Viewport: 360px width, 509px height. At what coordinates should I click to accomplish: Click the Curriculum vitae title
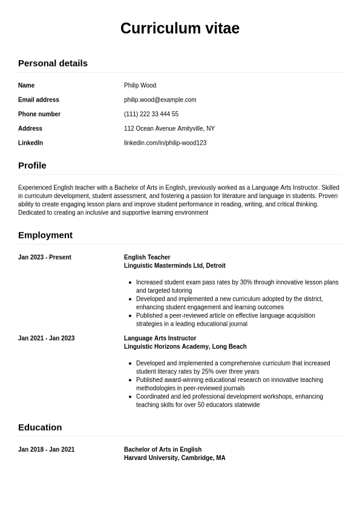pyautogui.click(x=180, y=28)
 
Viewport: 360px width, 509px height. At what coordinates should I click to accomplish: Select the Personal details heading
pyautogui.click(x=53, y=63)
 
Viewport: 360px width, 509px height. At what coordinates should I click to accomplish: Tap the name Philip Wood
pyautogui.click(x=140, y=85)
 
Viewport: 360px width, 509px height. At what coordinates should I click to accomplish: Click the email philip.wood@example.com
pyautogui.click(x=160, y=100)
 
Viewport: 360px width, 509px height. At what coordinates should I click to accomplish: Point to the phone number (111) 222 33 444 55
pyautogui.click(x=151, y=114)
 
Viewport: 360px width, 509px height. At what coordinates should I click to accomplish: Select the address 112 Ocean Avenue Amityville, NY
pyautogui.click(x=169, y=128)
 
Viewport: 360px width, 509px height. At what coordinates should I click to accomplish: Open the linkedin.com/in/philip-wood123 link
pyautogui.click(x=165, y=143)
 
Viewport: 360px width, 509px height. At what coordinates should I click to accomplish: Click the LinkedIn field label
pyautogui.click(x=30, y=143)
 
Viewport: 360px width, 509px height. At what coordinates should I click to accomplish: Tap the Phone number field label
pyautogui.click(x=39, y=114)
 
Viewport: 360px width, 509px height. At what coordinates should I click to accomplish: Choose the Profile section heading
pyautogui.click(x=32, y=165)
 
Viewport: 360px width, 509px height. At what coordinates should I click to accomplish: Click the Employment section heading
pyautogui.click(x=45, y=235)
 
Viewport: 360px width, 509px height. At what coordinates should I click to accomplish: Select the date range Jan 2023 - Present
pyautogui.click(x=45, y=257)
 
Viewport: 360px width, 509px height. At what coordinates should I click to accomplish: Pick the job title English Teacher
pyautogui.click(x=147, y=257)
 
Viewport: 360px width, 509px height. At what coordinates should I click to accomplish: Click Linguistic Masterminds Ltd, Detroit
pyautogui.click(x=174, y=266)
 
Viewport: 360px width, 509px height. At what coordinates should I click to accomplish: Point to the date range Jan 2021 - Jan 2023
pyautogui.click(x=46, y=338)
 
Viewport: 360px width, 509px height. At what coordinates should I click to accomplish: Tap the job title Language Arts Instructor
pyautogui.click(x=160, y=338)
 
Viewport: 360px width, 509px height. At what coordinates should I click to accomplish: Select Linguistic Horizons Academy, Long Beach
pyautogui.click(x=185, y=347)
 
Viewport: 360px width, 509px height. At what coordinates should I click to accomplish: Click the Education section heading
pyautogui.click(x=40, y=427)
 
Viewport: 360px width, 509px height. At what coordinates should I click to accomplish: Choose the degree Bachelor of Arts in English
pyautogui.click(x=162, y=450)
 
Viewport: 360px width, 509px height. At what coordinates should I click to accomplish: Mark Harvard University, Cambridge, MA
pyautogui.click(x=174, y=458)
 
